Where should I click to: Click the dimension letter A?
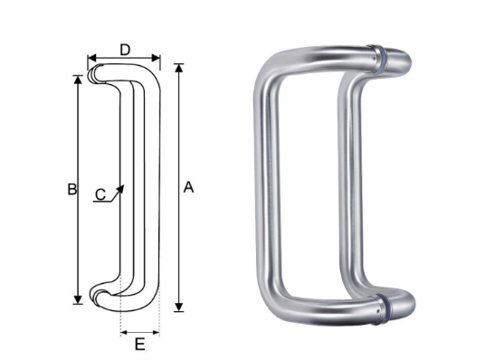(x=188, y=187)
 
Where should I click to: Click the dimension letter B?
(x=72, y=189)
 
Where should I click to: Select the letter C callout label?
(x=100, y=194)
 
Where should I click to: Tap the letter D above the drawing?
(x=125, y=50)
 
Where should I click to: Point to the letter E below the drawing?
(x=140, y=344)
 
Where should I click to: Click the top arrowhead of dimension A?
(x=179, y=68)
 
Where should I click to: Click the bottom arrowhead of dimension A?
(x=179, y=307)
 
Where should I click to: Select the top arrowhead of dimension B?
(x=78, y=80)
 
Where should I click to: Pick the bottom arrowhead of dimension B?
(x=78, y=299)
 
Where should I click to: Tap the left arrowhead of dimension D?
(x=92, y=58)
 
